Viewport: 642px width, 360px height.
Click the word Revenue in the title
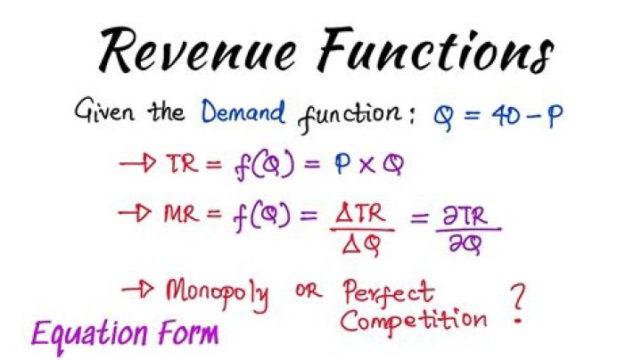click(x=197, y=50)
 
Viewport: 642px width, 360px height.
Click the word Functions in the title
click(x=436, y=50)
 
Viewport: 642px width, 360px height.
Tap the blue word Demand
click(x=243, y=111)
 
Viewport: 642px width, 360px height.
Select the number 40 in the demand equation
click(x=506, y=116)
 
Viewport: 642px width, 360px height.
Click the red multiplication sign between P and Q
click(x=367, y=165)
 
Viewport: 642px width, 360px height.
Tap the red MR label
click(x=181, y=214)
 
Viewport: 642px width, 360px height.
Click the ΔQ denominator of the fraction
click(x=361, y=245)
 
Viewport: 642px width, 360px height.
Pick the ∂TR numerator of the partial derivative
click(x=465, y=216)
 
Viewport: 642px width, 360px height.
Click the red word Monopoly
click(x=218, y=294)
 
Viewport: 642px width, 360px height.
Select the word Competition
click(x=414, y=321)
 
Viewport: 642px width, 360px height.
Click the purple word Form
click(x=188, y=331)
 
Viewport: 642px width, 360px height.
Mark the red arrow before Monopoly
click(x=138, y=290)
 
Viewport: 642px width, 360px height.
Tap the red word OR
click(x=309, y=291)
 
